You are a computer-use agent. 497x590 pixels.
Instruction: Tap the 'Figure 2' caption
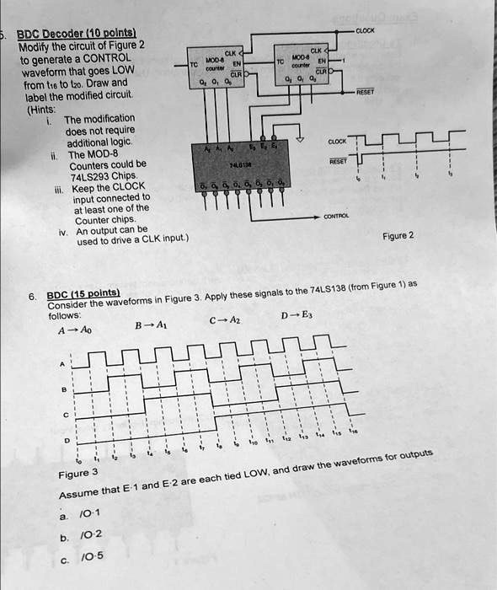click(x=398, y=236)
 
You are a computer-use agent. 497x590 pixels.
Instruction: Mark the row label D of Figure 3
click(x=61, y=440)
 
